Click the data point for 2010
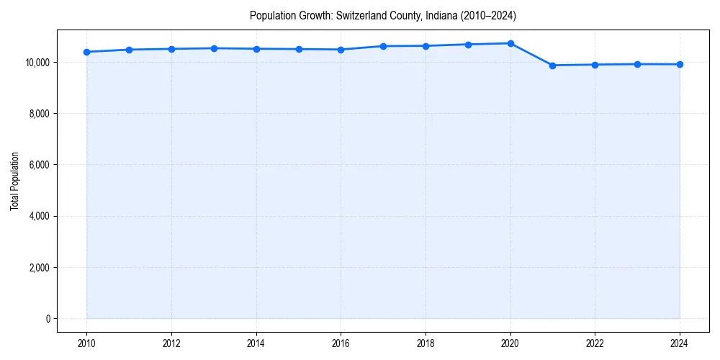click(x=86, y=52)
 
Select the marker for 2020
click(x=510, y=43)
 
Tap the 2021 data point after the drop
click(x=552, y=66)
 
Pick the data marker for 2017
click(x=383, y=46)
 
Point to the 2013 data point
click(x=214, y=48)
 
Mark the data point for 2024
click(x=680, y=64)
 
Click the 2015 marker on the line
click(x=299, y=49)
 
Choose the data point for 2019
click(x=468, y=45)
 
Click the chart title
click(x=383, y=15)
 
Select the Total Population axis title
click(x=14, y=181)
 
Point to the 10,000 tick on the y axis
click(x=37, y=63)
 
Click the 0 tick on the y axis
click(x=48, y=319)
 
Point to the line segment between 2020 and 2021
click(x=531, y=55)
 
